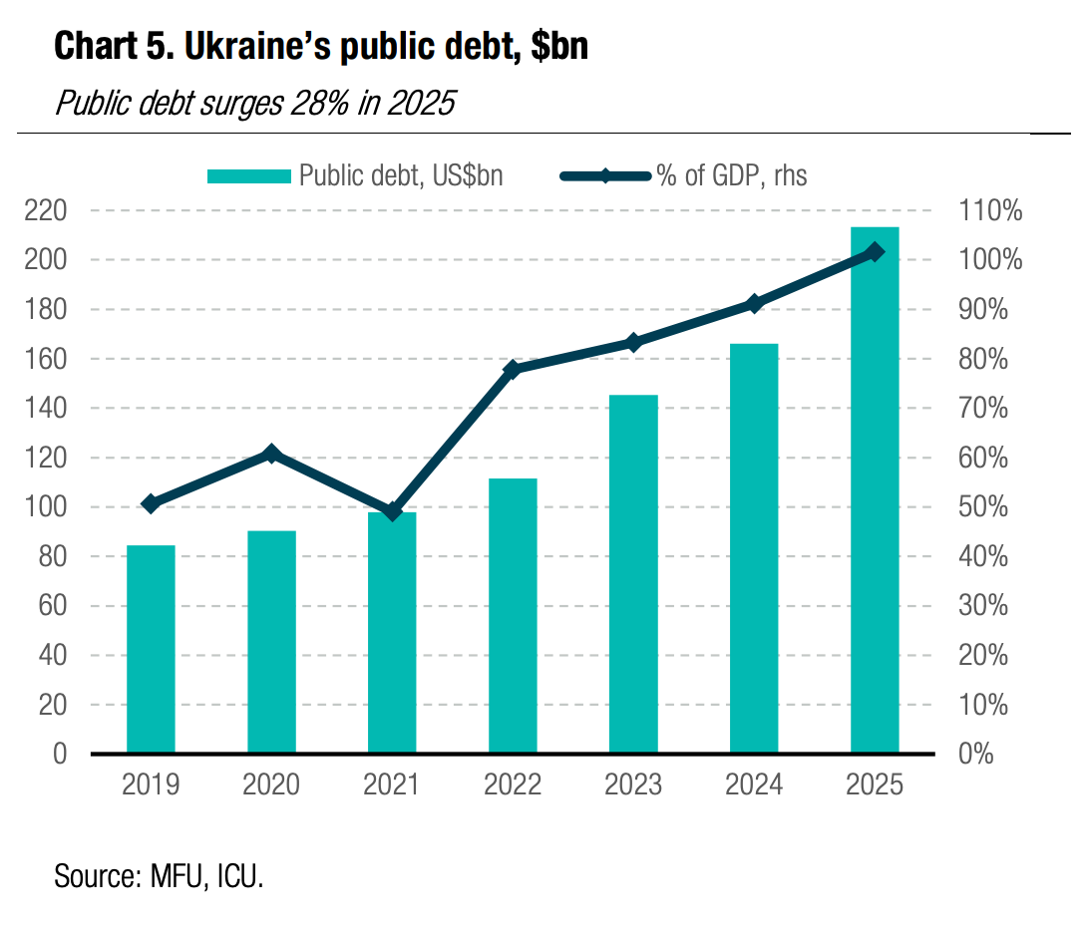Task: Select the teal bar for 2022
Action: [513, 615]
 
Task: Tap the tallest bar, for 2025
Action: [875, 489]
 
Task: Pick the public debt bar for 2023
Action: [633, 573]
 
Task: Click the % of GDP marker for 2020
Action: [271, 455]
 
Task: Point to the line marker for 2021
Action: [392, 511]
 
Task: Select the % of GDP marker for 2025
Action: [875, 252]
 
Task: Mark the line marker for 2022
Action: [513, 370]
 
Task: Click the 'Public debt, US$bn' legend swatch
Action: [249, 176]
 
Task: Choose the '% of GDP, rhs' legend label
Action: [730, 176]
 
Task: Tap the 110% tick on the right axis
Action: [990, 211]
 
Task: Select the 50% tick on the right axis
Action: [990, 507]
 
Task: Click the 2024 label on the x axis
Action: [754, 785]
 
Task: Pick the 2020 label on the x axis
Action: [271, 785]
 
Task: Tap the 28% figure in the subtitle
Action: [310, 103]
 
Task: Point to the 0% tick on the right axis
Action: [977, 754]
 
